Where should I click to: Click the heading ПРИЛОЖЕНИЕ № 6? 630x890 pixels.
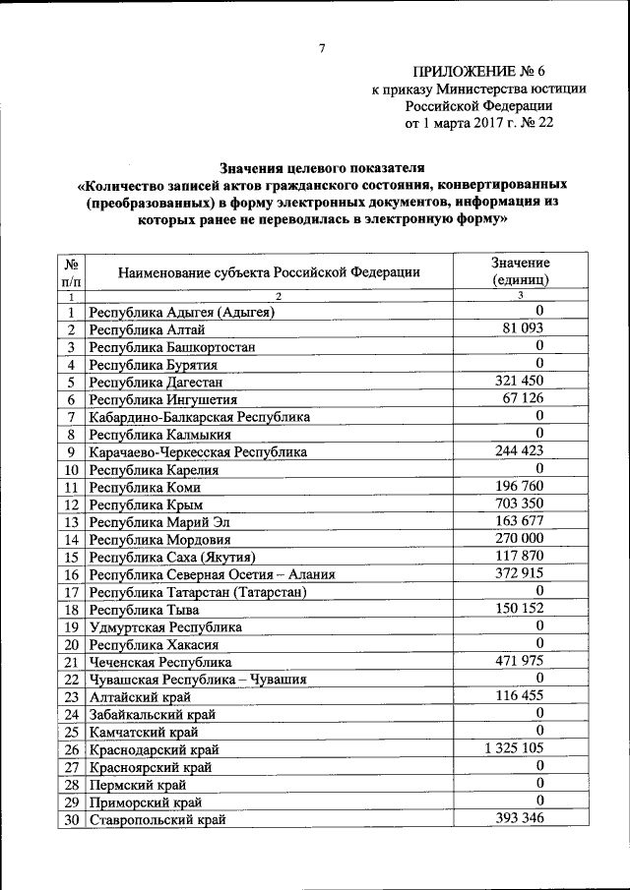point(479,71)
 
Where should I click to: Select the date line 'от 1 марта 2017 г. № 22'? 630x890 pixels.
point(479,124)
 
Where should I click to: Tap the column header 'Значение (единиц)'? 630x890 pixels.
point(520,271)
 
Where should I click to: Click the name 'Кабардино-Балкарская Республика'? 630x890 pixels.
point(199,417)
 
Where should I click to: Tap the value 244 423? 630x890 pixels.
point(520,450)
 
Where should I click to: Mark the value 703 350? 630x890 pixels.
point(520,504)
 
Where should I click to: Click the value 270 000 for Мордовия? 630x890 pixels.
point(520,539)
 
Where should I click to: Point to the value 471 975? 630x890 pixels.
point(520,662)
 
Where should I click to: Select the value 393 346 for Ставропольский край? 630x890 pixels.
point(520,819)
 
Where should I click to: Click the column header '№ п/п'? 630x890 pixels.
point(71,272)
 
